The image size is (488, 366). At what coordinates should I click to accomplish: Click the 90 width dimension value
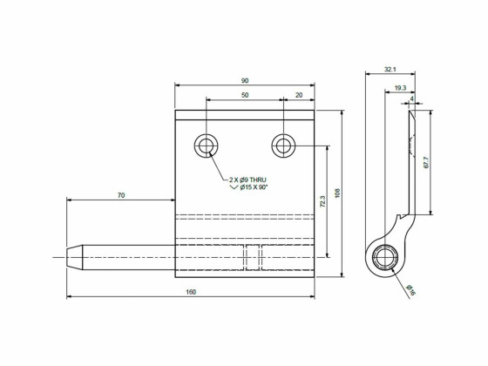(x=244, y=80)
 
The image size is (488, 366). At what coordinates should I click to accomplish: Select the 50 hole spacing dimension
(x=244, y=94)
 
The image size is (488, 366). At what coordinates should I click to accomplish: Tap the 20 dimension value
(x=299, y=94)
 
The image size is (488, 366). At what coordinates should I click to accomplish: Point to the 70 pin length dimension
(x=120, y=196)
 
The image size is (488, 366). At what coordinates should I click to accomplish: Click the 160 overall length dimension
(x=190, y=291)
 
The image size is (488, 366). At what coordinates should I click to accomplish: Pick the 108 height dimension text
(x=336, y=193)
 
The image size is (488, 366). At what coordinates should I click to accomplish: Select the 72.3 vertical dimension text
(x=322, y=201)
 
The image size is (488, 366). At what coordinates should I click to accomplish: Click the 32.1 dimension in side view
(x=390, y=69)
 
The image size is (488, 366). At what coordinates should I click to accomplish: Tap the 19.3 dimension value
(x=399, y=88)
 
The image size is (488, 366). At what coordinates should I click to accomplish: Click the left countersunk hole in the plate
(x=207, y=145)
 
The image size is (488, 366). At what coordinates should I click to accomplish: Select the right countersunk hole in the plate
(x=282, y=145)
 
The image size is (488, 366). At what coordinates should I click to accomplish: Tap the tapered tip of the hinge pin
(x=73, y=257)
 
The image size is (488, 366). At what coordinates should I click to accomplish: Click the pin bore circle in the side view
(x=384, y=258)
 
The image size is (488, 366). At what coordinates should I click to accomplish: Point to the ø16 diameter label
(x=410, y=289)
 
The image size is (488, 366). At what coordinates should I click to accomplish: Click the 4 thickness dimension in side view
(x=410, y=99)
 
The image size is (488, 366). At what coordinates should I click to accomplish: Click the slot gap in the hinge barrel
(x=253, y=257)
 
